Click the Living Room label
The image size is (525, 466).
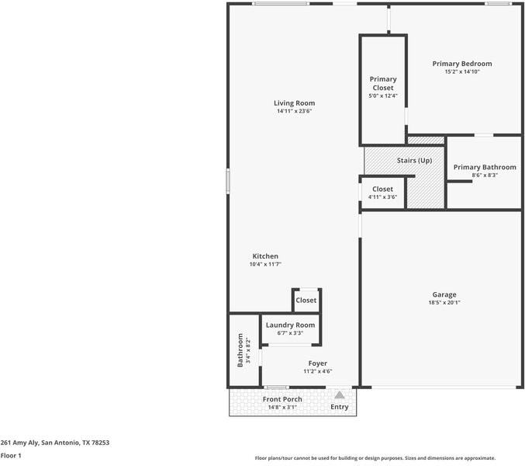[294, 103]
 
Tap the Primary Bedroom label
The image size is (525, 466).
[462, 64]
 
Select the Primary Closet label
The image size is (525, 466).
[382, 83]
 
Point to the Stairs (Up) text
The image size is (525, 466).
[414, 160]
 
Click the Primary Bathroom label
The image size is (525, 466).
[485, 167]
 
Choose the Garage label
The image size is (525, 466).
[444, 294]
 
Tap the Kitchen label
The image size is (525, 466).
[265, 256]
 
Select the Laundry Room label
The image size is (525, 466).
[290, 325]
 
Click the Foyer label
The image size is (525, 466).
[317, 363]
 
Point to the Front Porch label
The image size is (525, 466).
[282, 399]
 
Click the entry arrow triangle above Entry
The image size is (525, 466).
[339, 395]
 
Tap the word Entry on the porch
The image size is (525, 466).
[340, 407]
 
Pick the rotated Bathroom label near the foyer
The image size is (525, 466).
[240, 350]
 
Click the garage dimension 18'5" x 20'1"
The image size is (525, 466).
[444, 303]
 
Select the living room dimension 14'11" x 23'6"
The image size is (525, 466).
[294, 111]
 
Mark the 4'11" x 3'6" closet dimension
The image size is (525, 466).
[382, 197]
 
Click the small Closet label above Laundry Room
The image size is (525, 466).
[306, 300]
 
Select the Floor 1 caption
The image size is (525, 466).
[11, 456]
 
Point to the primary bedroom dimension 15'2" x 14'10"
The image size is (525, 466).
[462, 72]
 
